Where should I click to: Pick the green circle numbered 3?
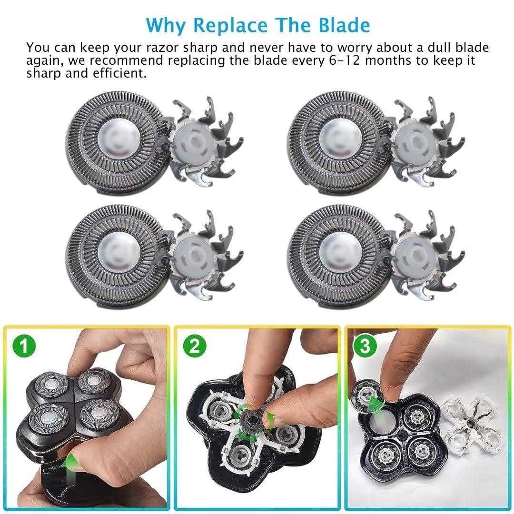[365, 346]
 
